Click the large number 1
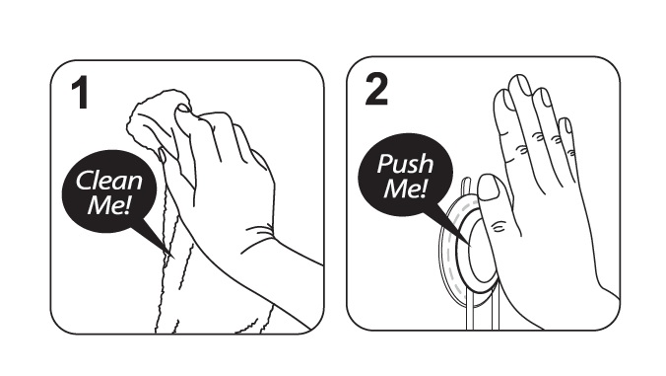tap(81, 92)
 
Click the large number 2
tap(376, 89)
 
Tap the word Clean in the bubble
tap(109, 181)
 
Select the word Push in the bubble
tap(405, 164)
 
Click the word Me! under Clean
tap(108, 205)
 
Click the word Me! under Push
tap(405, 188)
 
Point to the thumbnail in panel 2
tap(490, 187)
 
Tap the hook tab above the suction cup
tap(466, 187)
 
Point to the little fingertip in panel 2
tap(566, 126)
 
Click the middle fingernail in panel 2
tap(522, 84)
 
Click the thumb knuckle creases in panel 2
tap(499, 225)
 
